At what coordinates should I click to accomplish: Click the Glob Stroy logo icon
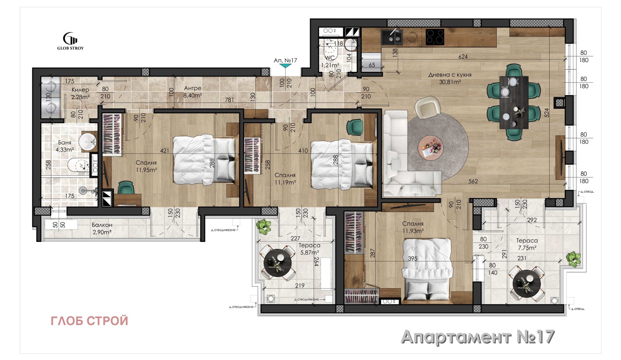click(70, 38)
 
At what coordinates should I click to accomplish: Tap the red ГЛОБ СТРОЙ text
click(89, 321)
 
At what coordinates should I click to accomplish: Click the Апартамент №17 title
click(478, 337)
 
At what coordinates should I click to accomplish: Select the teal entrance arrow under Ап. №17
click(286, 66)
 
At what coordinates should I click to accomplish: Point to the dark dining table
click(513, 102)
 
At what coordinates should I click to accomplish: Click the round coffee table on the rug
click(430, 148)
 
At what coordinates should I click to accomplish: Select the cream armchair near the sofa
click(427, 107)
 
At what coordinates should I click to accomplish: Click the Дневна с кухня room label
click(450, 75)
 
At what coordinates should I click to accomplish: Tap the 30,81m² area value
click(450, 82)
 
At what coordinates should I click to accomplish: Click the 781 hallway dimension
click(229, 100)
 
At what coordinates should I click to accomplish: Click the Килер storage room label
click(80, 90)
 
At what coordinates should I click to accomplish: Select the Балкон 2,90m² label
click(102, 228)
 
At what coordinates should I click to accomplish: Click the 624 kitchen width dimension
click(463, 57)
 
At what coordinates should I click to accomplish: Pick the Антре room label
click(193, 88)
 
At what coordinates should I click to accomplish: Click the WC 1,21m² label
click(330, 61)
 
